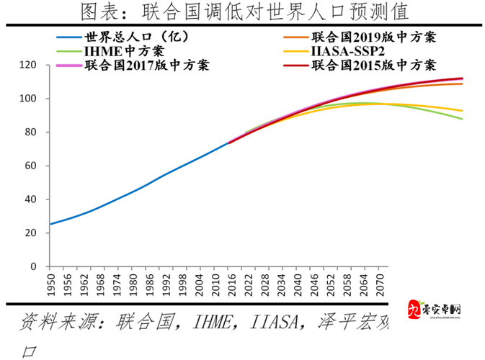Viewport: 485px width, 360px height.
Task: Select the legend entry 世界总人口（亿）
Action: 127,37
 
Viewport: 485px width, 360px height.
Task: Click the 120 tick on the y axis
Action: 27,65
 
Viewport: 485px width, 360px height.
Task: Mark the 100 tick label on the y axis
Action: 27,99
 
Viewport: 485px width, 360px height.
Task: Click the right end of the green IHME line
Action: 462,119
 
